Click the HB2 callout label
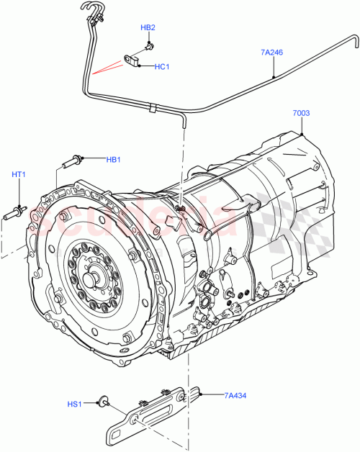click(x=148, y=27)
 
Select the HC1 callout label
click(x=162, y=67)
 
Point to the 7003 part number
click(x=302, y=114)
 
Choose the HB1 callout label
click(x=114, y=159)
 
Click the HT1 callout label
click(x=18, y=174)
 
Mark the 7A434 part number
click(x=235, y=394)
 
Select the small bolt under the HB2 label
click(x=148, y=45)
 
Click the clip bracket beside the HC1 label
click(x=134, y=59)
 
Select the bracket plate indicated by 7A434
click(x=151, y=410)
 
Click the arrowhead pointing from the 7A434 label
click(x=203, y=394)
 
